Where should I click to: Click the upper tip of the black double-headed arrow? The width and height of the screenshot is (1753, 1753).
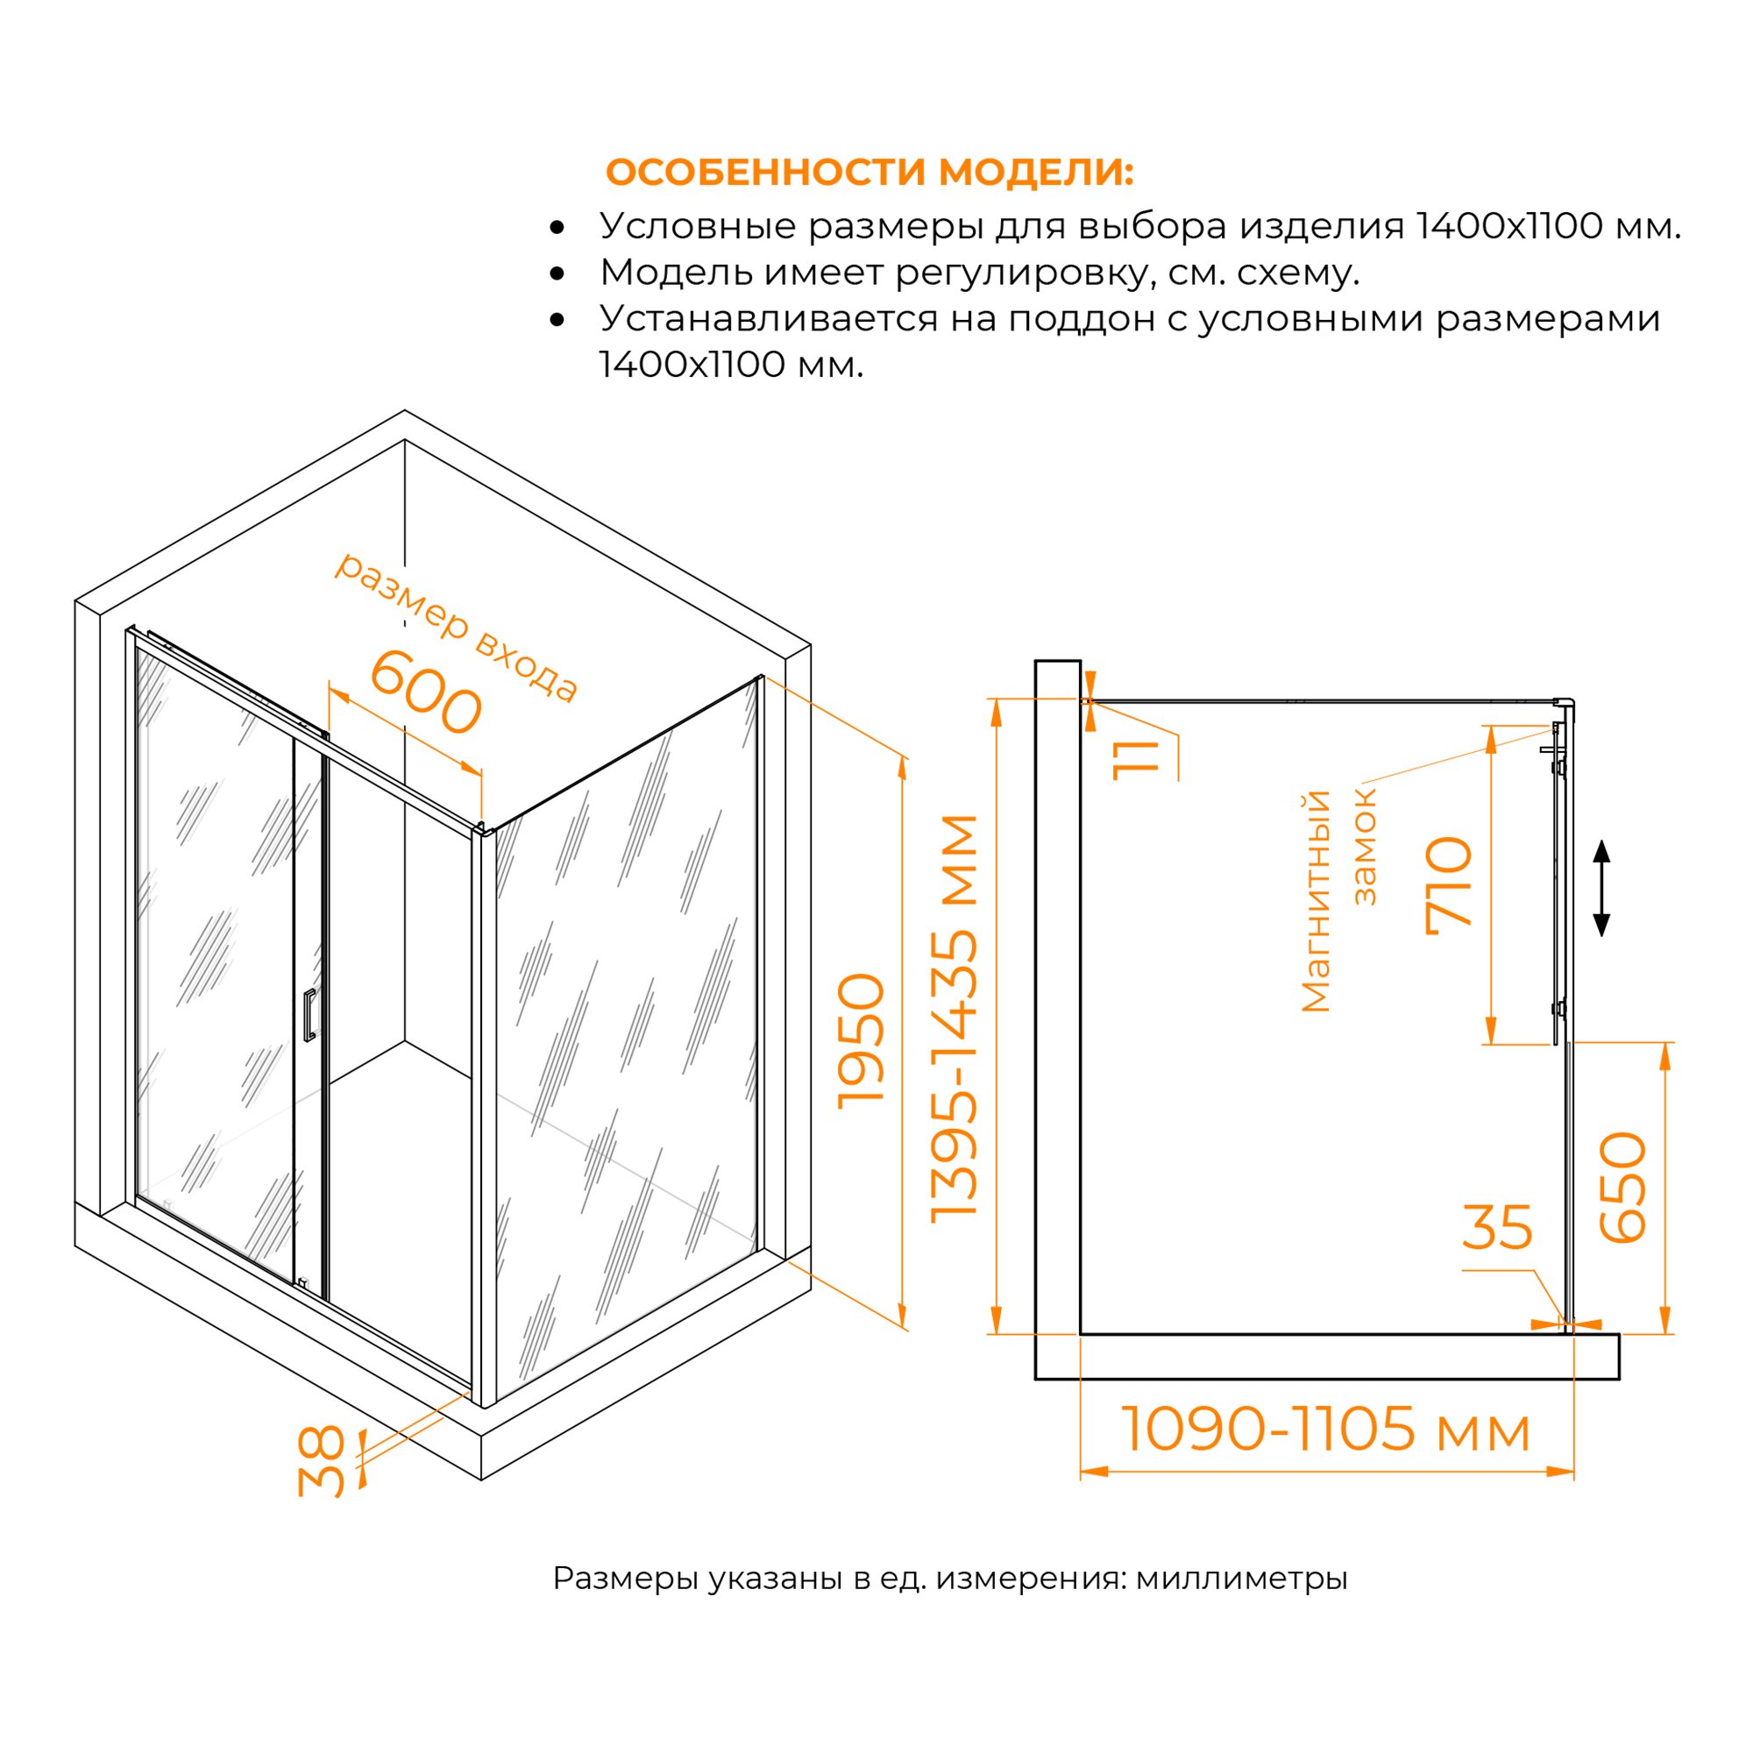point(1601,841)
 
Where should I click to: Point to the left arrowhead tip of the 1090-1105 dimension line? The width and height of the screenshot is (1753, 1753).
point(1081,1471)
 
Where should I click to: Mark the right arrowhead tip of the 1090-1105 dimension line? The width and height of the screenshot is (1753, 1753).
point(1574,1471)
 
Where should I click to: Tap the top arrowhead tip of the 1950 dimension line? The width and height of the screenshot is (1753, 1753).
point(902,755)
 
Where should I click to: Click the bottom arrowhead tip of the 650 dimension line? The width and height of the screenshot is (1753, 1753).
point(1665,1333)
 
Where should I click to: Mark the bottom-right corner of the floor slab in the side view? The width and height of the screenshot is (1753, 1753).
point(1619,1379)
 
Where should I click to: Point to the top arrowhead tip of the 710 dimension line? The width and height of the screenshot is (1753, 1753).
point(1491,726)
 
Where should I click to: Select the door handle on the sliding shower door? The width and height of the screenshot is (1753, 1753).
point(309,1014)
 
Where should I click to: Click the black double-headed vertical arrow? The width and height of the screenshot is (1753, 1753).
point(1601,888)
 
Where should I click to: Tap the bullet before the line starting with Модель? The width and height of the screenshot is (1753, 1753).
point(557,273)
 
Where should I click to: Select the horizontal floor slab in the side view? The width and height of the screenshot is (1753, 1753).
point(1327,1357)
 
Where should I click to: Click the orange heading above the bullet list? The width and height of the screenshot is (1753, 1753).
point(869,173)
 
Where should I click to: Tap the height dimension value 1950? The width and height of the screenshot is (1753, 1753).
point(860,1040)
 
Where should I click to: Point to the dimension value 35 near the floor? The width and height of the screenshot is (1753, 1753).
point(1497,1228)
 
